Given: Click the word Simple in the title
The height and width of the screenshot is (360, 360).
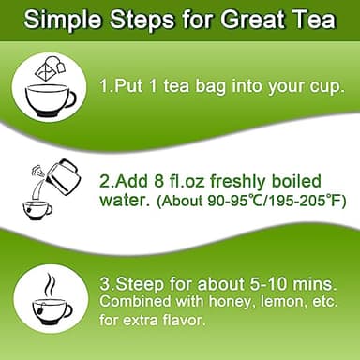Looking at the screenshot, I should coord(67,19).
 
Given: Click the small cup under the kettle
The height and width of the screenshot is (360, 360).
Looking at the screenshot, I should coord(37,207).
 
